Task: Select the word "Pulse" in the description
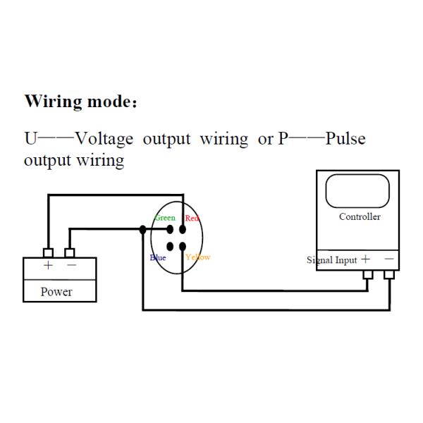point(345,138)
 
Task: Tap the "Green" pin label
point(164,218)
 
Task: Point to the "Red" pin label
point(192,219)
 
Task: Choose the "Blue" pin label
point(158,257)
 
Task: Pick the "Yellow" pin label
point(198,257)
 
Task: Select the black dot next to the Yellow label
point(183,246)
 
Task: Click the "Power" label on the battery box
point(56,291)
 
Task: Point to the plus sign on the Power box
point(48,266)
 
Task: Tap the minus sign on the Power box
point(71,266)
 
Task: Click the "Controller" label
point(360,216)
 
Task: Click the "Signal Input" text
point(332,260)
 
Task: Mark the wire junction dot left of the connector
point(143,229)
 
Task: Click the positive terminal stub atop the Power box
point(48,252)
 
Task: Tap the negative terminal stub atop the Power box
point(69,252)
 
